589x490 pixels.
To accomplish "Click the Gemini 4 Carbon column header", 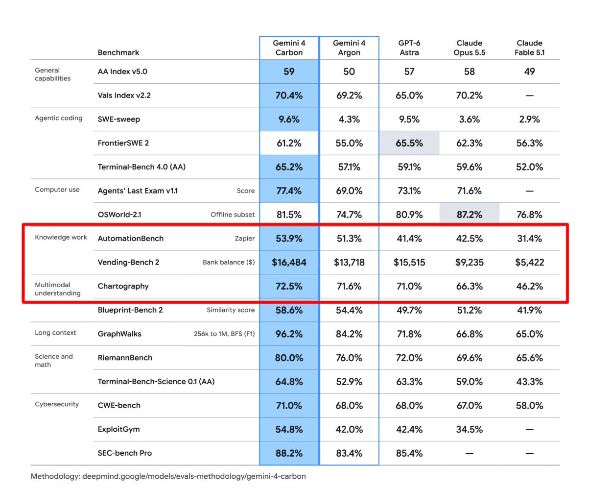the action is (289, 48).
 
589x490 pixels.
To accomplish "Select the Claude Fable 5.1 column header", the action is (529, 48).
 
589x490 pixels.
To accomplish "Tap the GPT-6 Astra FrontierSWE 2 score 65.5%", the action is (409, 143).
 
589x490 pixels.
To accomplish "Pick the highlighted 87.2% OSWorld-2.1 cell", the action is (470, 215).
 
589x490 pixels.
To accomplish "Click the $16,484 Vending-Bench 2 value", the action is (289, 262).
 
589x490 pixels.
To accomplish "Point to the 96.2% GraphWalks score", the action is (289, 334).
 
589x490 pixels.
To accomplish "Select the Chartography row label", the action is (123, 286).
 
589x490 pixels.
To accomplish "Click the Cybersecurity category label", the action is (57, 404).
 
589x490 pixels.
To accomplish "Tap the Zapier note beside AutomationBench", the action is (245, 239).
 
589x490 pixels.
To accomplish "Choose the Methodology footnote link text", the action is (168, 476).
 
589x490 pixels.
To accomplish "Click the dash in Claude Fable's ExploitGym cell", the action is (529, 429).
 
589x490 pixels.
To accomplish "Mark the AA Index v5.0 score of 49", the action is (529, 72).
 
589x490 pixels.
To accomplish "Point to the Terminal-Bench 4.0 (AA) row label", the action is (141, 167).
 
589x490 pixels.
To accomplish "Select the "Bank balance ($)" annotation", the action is (229, 262).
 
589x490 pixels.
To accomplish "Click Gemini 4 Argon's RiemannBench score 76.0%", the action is (349, 358).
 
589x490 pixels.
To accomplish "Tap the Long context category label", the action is (55, 333).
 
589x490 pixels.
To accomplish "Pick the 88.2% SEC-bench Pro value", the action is (289, 453).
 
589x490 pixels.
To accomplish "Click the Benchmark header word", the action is (118, 52).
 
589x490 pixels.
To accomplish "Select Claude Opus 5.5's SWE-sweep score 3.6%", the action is (470, 119).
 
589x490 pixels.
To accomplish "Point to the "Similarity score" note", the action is (231, 310).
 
